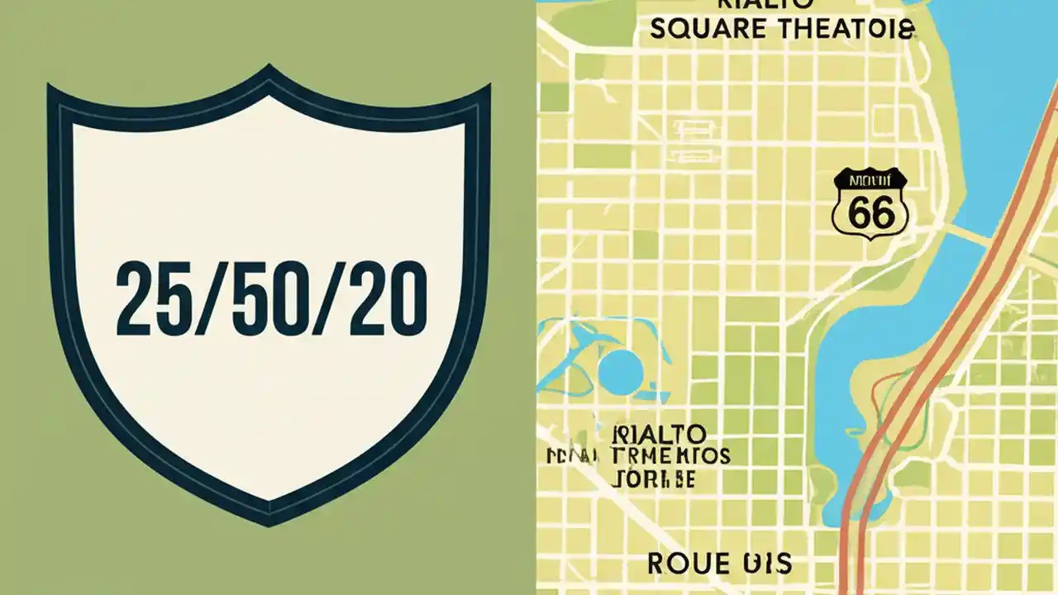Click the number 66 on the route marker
pos(870,214)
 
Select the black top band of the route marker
pos(870,180)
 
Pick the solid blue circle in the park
pos(620,370)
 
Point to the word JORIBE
pos(654,478)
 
